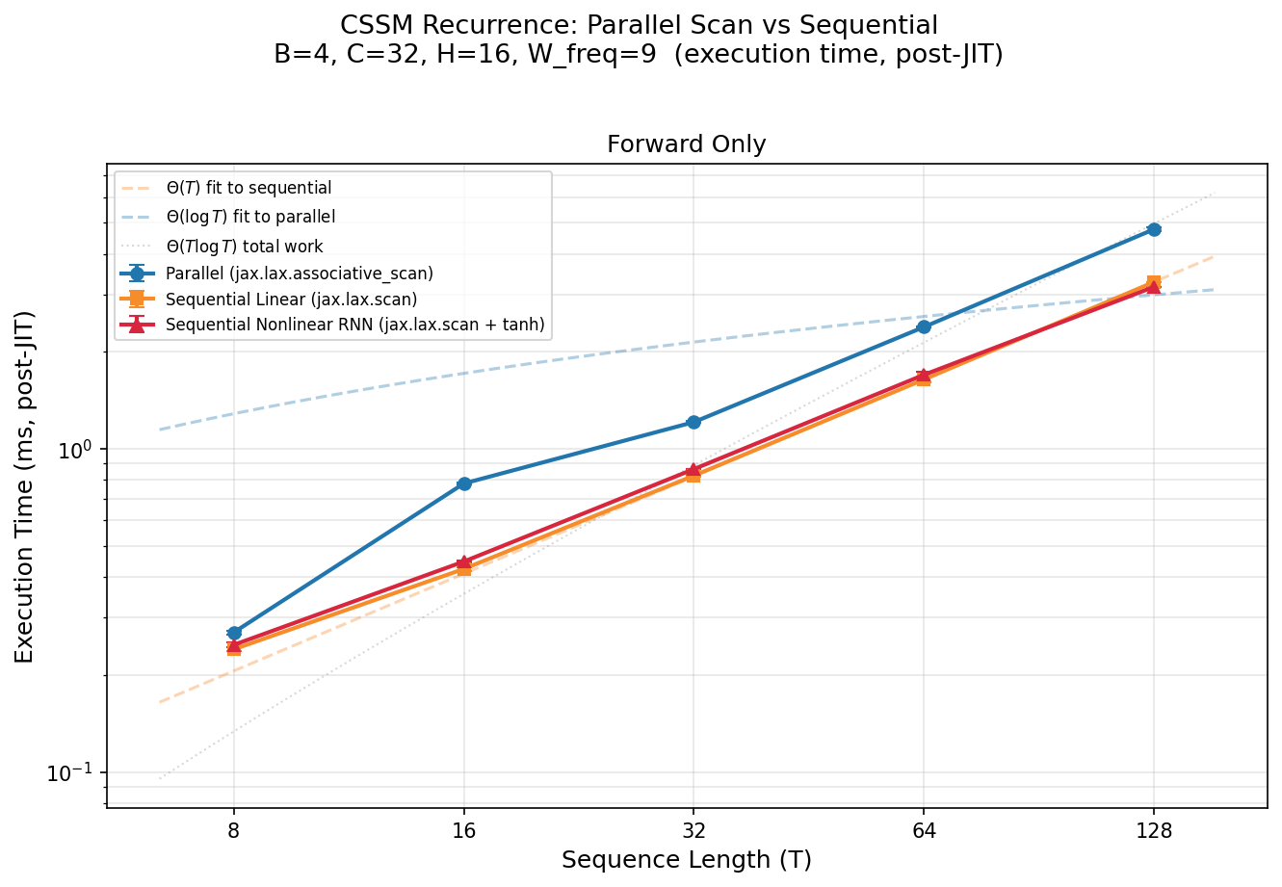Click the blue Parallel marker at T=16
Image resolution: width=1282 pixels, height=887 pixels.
pyautogui.click(x=464, y=483)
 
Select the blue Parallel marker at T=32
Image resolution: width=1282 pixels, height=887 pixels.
pyautogui.click(x=693, y=422)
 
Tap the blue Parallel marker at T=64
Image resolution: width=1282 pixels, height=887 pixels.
pyautogui.click(x=924, y=326)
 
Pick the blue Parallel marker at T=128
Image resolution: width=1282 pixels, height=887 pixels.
pyautogui.click(x=1154, y=229)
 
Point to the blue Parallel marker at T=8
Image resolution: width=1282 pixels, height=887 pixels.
pyautogui.click(x=234, y=633)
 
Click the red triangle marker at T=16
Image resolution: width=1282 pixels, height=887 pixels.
pyautogui.click(x=464, y=561)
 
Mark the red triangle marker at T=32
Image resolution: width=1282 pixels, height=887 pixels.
pyautogui.click(x=693, y=470)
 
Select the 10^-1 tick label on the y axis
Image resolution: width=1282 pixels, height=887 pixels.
pyautogui.click(x=77, y=773)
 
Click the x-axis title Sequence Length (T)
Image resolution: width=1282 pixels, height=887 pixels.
pyautogui.click(x=686, y=860)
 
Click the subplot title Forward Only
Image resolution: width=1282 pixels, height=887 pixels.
pyautogui.click(x=686, y=144)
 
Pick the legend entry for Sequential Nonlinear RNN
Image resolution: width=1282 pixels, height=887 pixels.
pyautogui.click(x=354, y=326)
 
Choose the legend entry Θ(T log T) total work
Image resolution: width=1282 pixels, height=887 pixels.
pyautogui.click(x=244, y=247)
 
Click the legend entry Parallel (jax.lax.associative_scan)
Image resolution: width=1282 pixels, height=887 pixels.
pyautogui.click(x=299, y=274)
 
